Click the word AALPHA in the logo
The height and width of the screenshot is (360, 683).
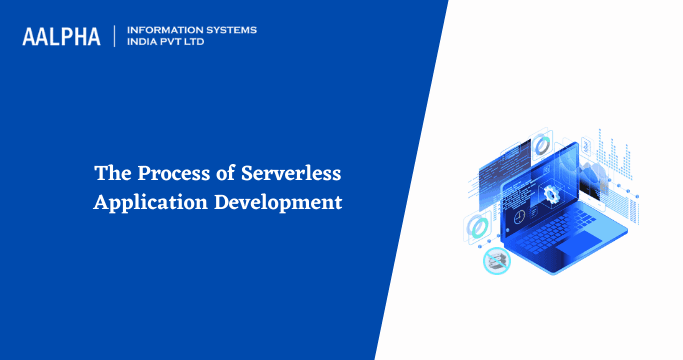click(61, 37)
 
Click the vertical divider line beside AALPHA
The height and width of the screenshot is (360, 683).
click(115, 36)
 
